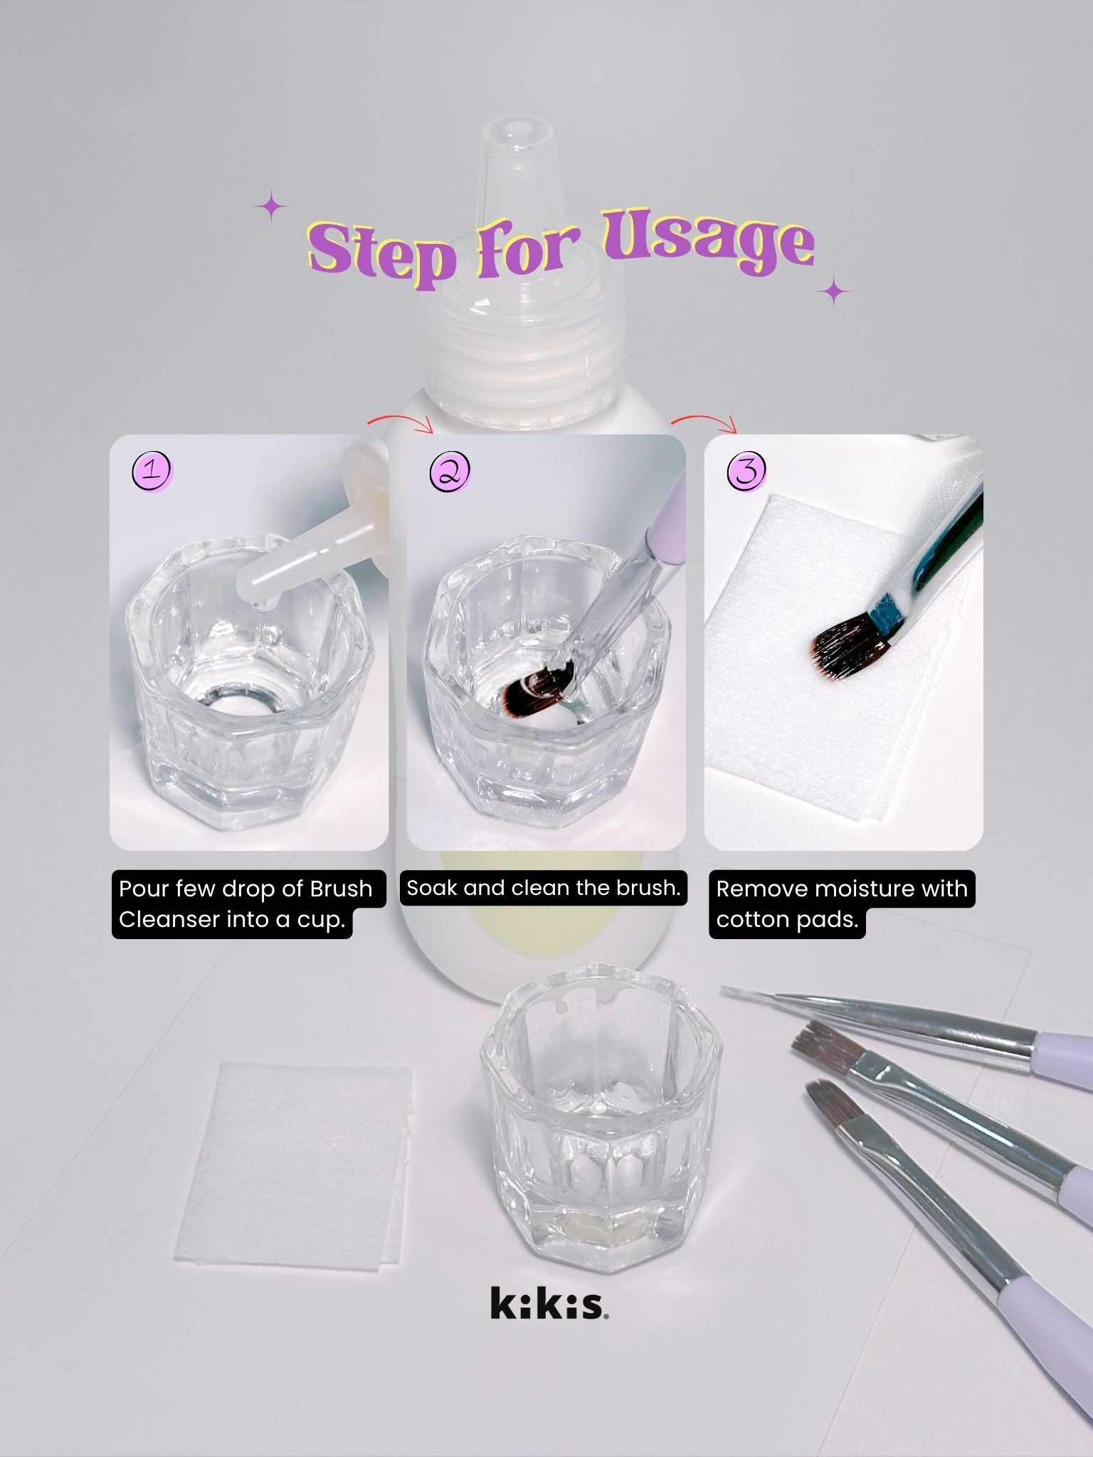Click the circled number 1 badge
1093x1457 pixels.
[153, 471]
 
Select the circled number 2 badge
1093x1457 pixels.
[450, 471]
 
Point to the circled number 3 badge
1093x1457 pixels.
[746, 471]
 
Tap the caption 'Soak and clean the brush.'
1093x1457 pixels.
[544, 888]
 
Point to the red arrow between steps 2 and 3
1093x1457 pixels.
[704, 419]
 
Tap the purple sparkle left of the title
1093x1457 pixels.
[272, 207]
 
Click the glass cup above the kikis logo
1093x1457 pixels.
[601, 1116]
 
